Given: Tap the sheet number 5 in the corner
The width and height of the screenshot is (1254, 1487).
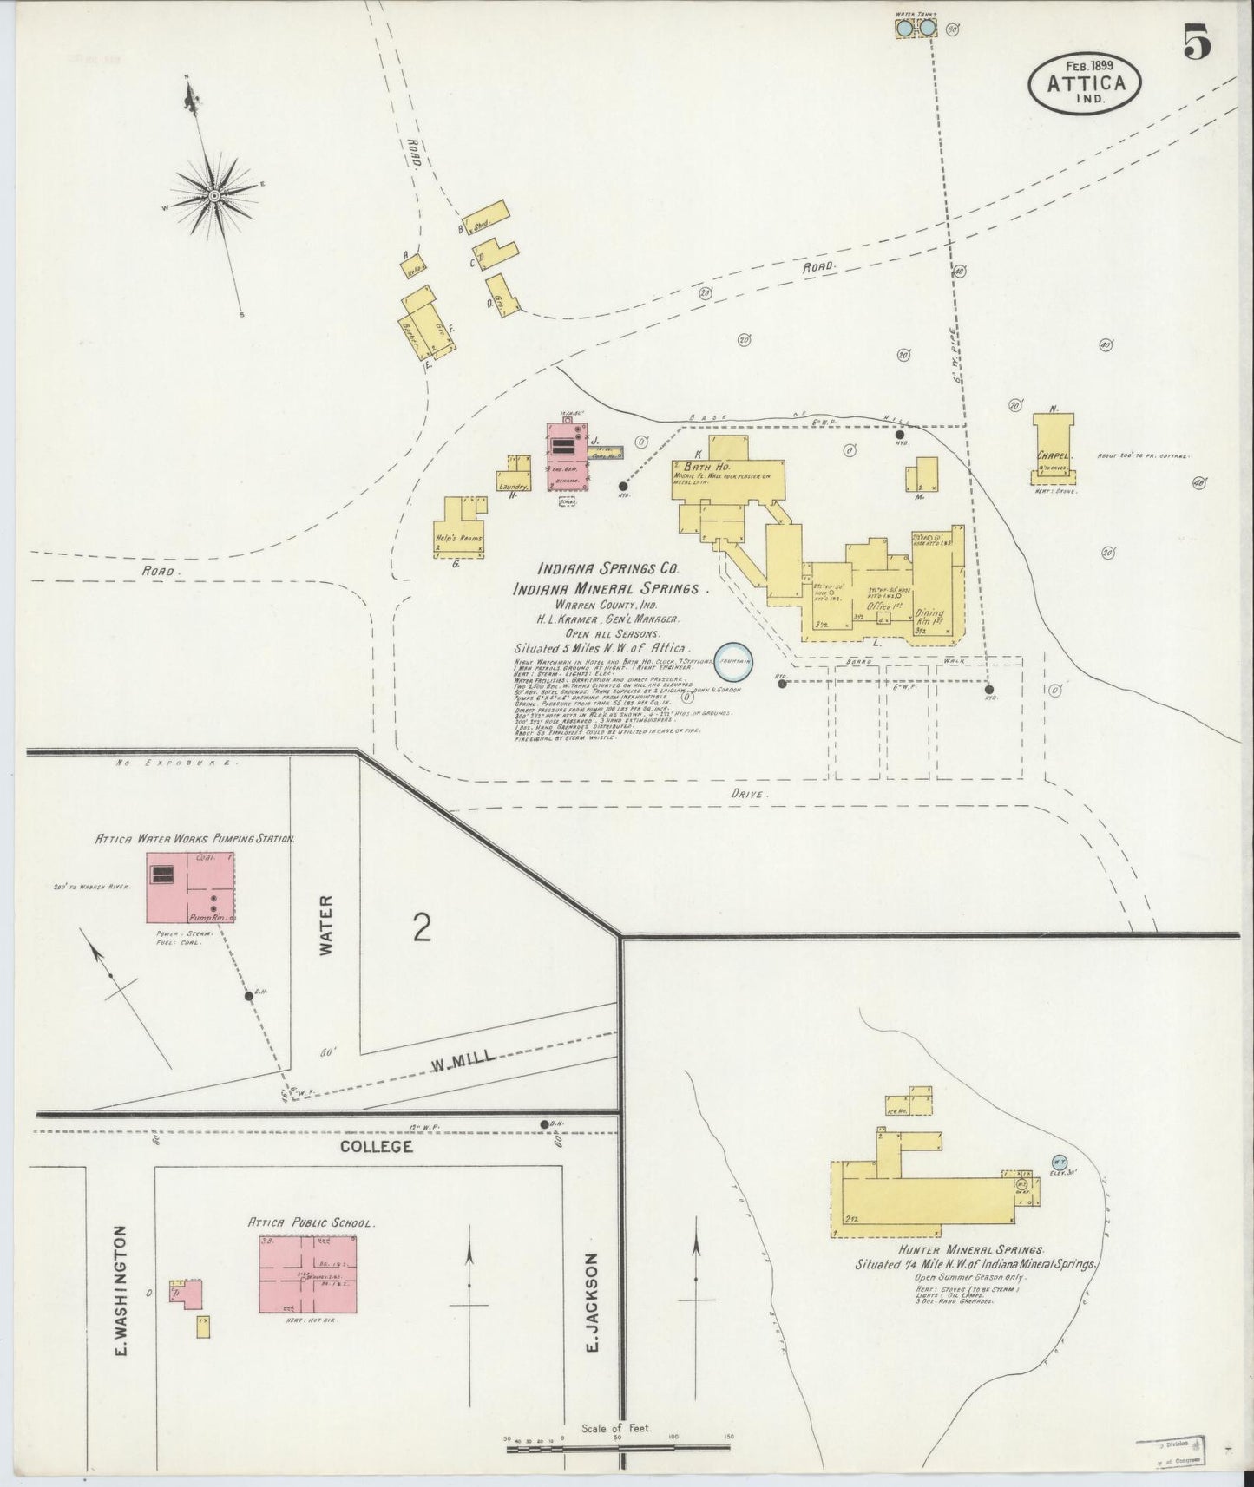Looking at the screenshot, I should (1198, 44).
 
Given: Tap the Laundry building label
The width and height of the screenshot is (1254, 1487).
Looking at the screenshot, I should (514, 488).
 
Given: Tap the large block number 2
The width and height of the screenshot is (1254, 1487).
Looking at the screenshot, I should (423, 927).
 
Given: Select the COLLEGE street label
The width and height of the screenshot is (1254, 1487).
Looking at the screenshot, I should (376, 1146).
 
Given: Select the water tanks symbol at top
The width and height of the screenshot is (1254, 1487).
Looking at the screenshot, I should (916, 29).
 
